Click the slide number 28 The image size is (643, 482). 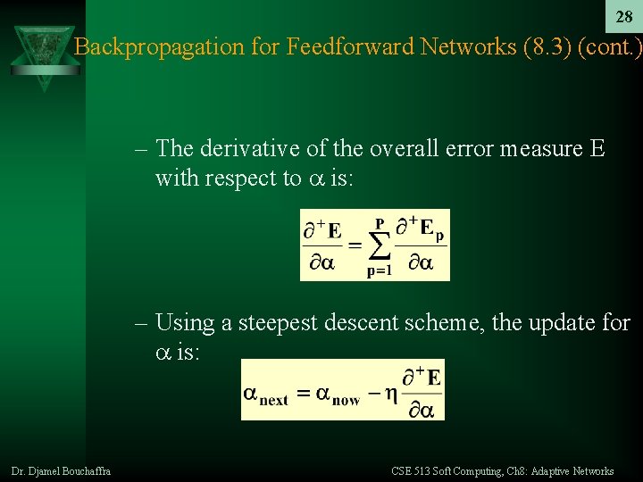point(624,18)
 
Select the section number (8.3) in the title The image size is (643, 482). point(543,46)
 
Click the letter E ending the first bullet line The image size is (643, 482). point(597,149)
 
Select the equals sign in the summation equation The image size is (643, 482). point(353,245)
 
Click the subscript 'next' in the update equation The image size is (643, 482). point(274,401)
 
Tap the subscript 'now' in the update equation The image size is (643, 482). point(346,401)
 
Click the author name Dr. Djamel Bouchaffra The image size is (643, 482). point(61,470)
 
